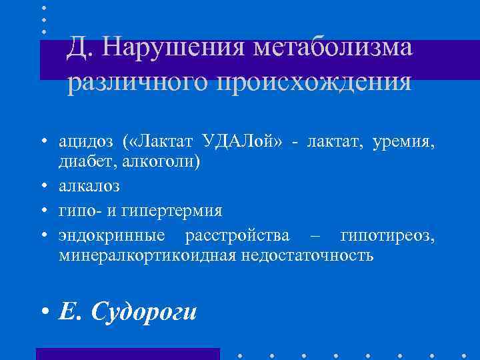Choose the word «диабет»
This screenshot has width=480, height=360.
tap(81, 162)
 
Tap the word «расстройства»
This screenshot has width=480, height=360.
tap(238, 235)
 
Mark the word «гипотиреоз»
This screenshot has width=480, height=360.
tap(387, 235)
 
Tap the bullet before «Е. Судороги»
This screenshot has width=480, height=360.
tap(44, 311)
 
